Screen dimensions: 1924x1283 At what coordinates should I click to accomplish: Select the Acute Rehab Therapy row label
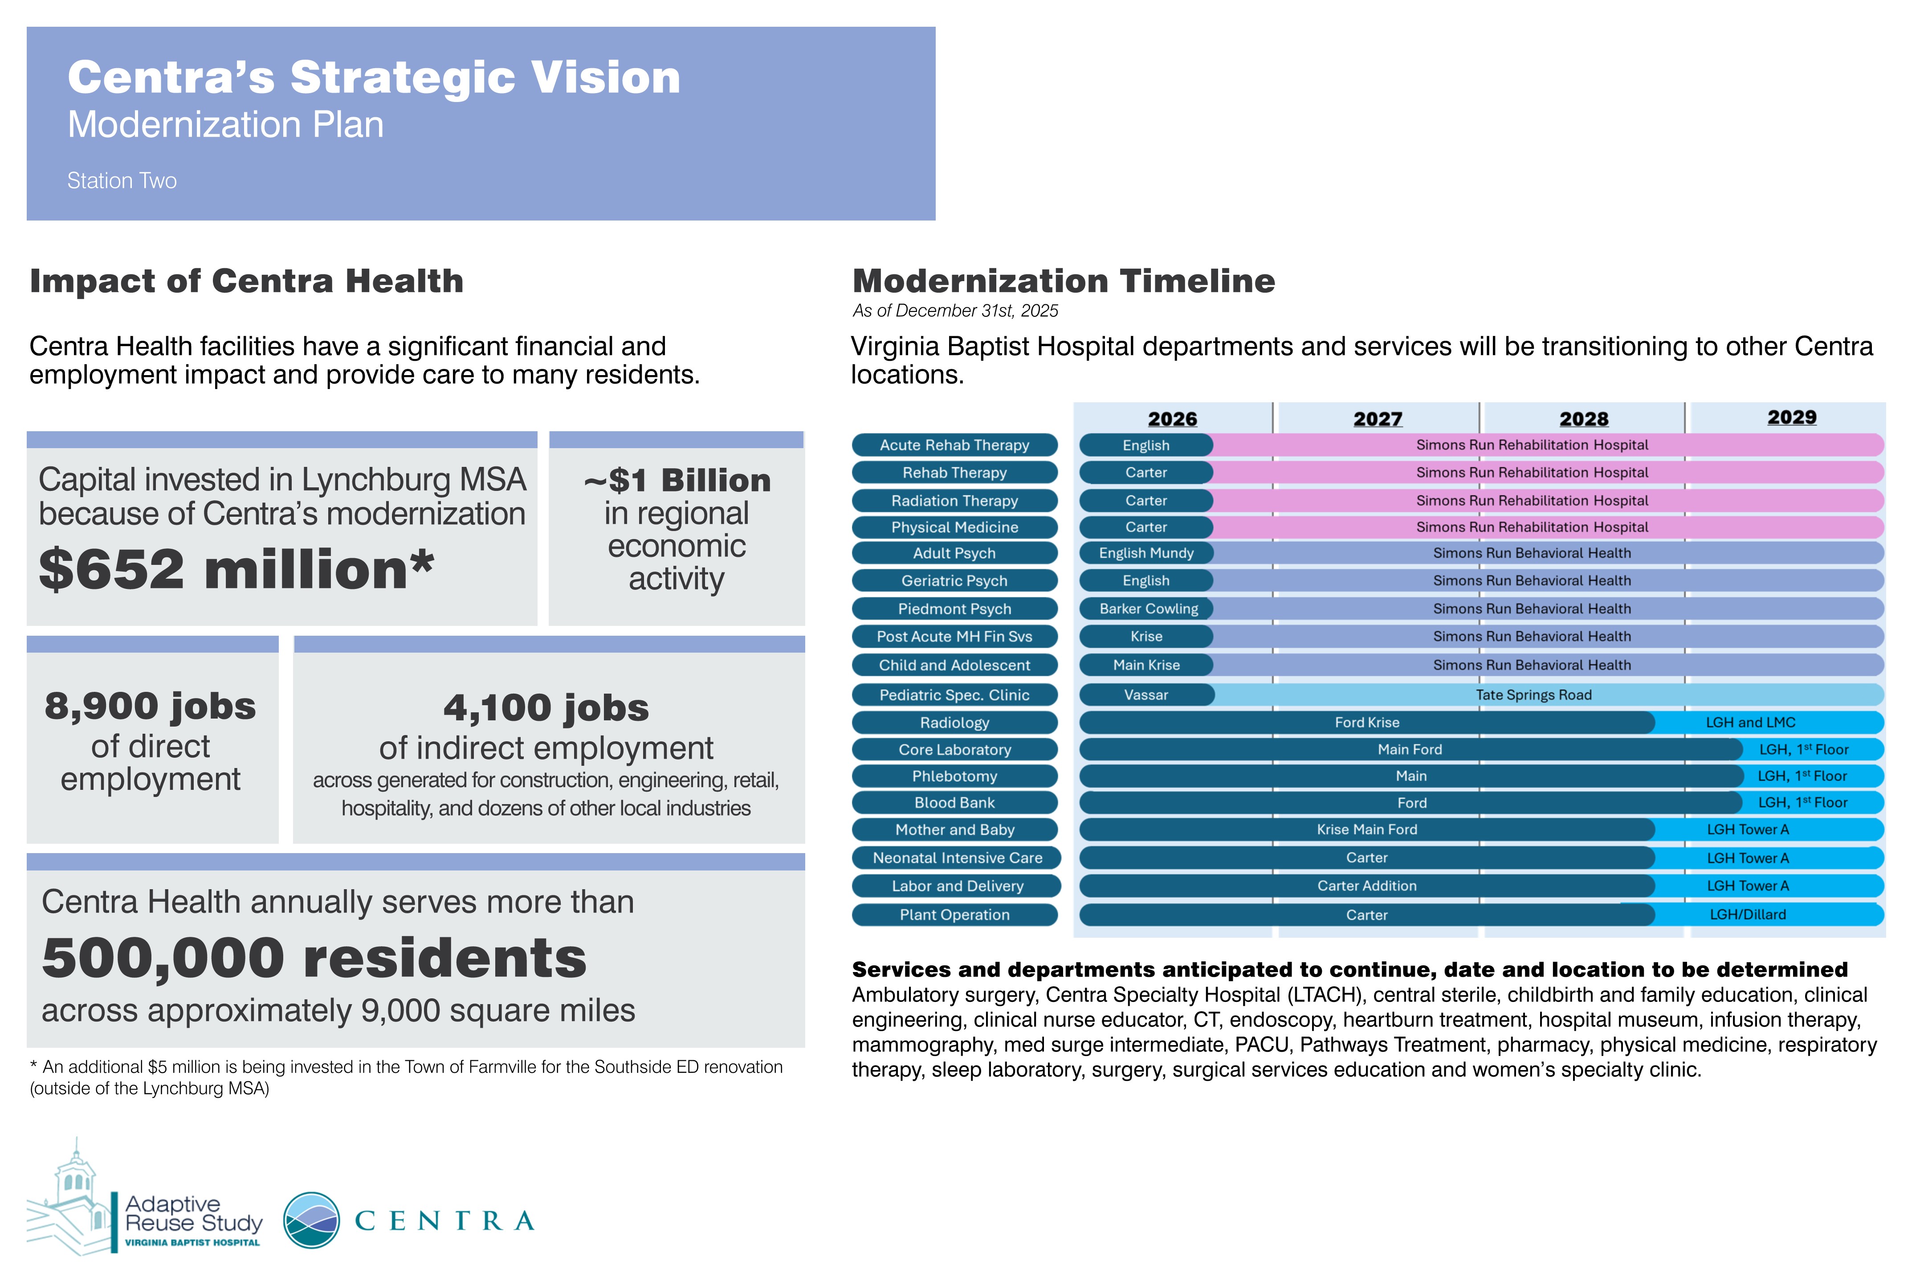[x=954, y=445]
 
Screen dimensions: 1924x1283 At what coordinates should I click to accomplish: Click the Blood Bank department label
[x=954, y=803]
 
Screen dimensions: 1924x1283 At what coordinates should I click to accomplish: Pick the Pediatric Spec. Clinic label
[x=954, y=695]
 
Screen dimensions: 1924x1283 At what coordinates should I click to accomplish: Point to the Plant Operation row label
[x=954, y=915]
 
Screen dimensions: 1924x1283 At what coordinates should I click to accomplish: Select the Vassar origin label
[x=1146, y=695]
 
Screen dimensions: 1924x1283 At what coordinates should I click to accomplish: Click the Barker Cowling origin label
[x=1149, y=609]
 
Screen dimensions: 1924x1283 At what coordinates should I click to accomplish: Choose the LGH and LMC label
[x=1751, y=723]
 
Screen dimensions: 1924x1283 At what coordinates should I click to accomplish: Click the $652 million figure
[x=236, y=569]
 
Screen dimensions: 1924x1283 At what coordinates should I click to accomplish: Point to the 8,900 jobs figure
[x=151, y=705]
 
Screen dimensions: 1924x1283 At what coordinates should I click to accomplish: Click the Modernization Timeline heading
[x=1064, y=281]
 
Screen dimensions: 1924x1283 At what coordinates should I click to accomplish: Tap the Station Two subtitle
[x=122, y=181]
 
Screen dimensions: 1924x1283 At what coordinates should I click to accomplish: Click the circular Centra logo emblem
[x=312, y=1220]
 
